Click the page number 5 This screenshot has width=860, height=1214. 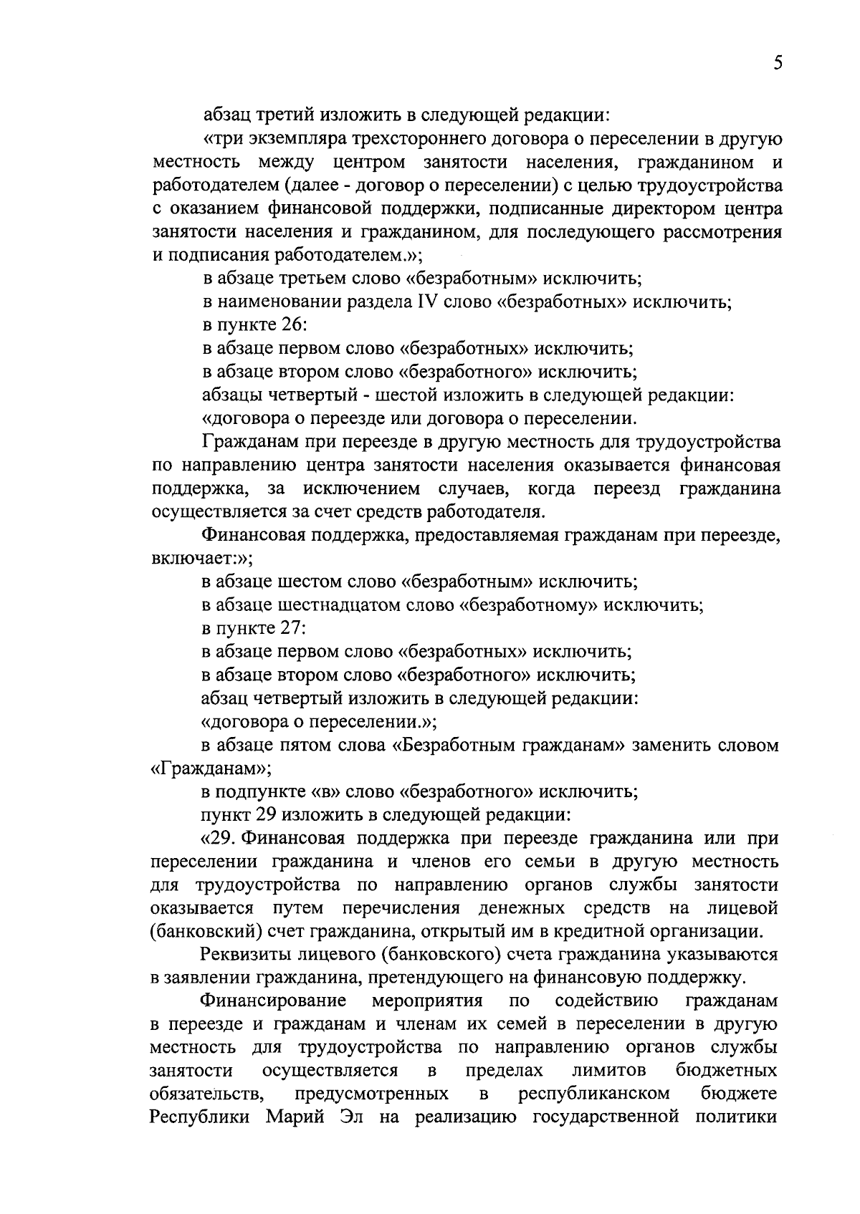click(777, 63)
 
